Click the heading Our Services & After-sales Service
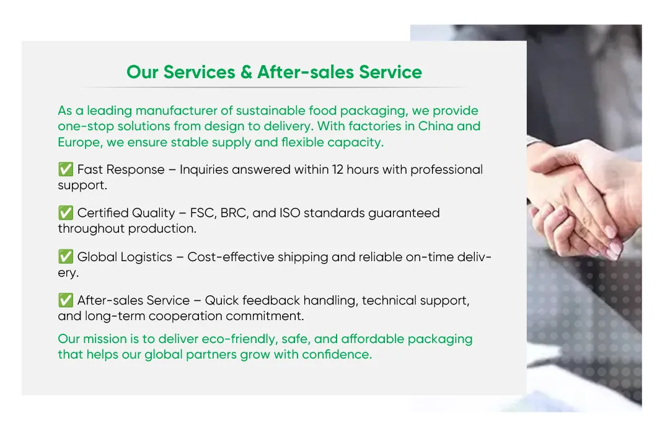tap(274, 72)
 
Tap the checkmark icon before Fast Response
tap(65, 169)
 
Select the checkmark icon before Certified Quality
tap(65, 213)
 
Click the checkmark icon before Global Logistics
tap(65, 257)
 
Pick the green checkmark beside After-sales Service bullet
tap(65, 300)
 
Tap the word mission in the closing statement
tap(104, 339)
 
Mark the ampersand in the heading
tap(246, 72)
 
